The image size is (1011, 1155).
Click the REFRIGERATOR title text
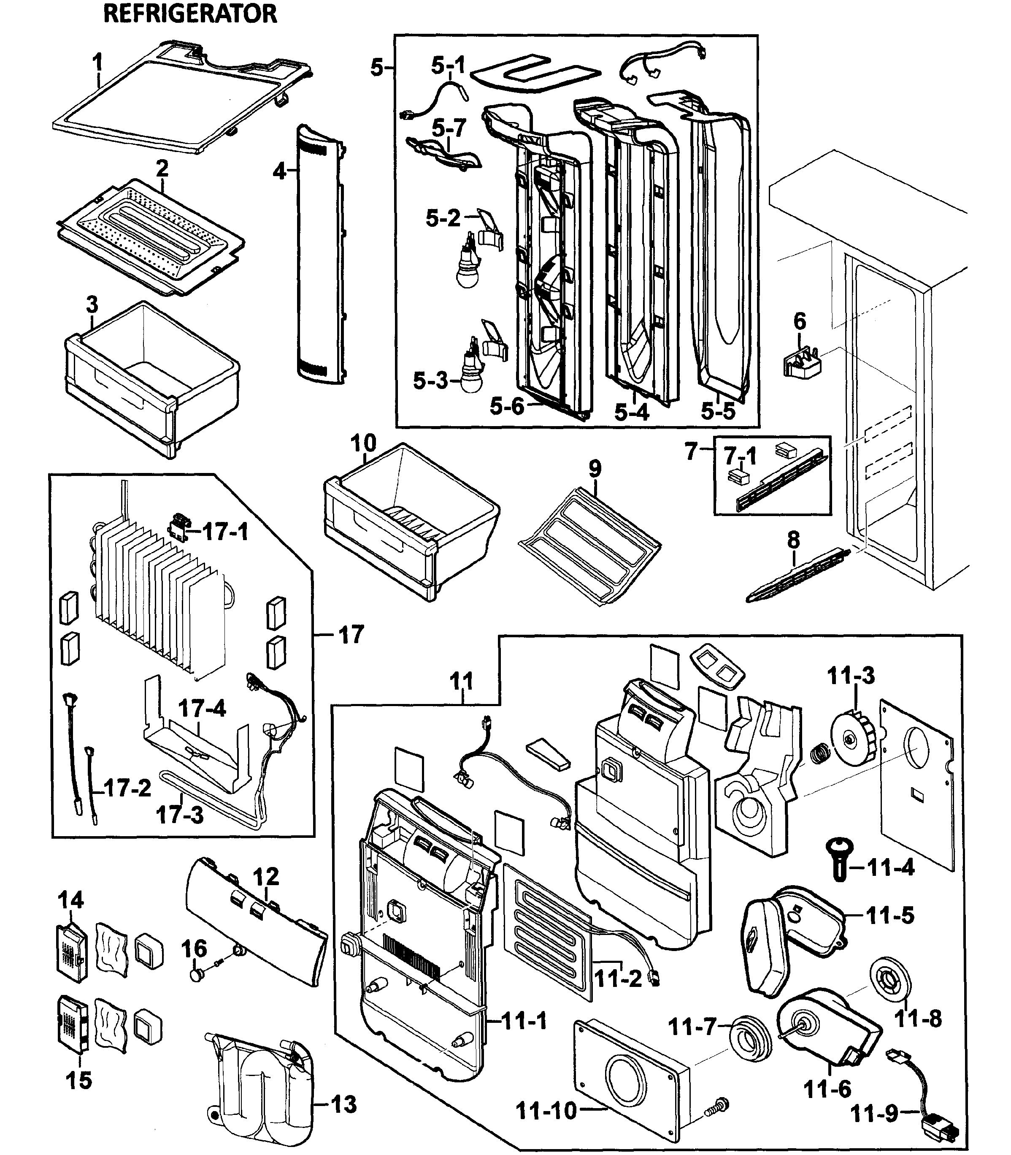coord(190,14)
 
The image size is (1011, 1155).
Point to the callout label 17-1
coord(225,531)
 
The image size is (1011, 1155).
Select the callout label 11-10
coord(546,1110)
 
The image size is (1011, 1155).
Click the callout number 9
coord(595,467)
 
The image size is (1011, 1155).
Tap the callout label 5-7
coord(449,128)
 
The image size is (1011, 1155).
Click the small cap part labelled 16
coord(196,974)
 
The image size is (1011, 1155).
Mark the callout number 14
coord(70,899)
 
